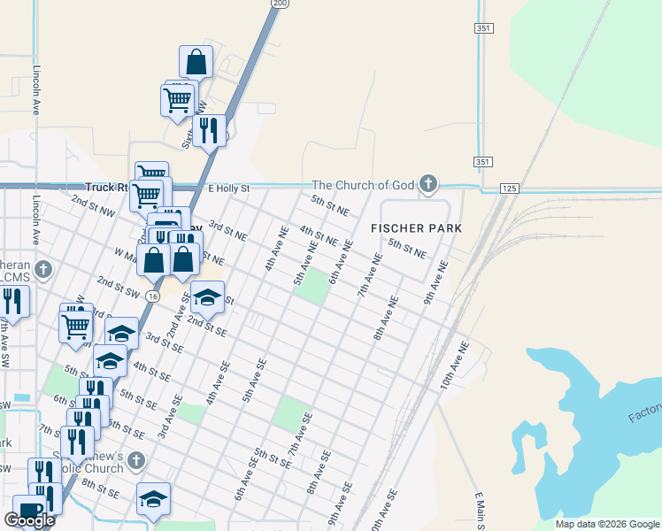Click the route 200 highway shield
click(x=280, y=4)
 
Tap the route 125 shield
click(x=508, y=189)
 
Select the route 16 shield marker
click(x=153, y=296)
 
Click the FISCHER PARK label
click(x=416, y=228)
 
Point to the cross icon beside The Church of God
click(x=428, y=184)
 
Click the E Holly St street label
click(x=228, y=189)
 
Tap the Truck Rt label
click(x=107, y=188)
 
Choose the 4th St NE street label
click(x=319, y=235)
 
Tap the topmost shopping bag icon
click(x=196, y=62)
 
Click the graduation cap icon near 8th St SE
click(x=153, y=499)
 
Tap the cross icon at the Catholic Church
click(x=135, y=460)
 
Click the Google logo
click(x=29, y=520)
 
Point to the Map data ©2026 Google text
click(x=607, y=524)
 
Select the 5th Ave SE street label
click(x=253, y=379)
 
